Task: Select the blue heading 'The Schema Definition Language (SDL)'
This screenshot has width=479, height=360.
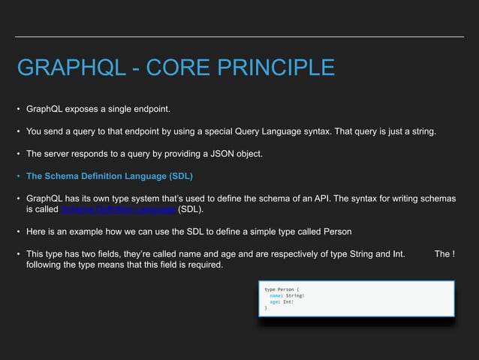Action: tap(110, 177)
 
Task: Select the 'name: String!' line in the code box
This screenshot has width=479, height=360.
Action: tap(288, 295)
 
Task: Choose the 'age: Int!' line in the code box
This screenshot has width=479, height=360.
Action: tap(282, 301)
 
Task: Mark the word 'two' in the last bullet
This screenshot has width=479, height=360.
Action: tap(93, 253)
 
